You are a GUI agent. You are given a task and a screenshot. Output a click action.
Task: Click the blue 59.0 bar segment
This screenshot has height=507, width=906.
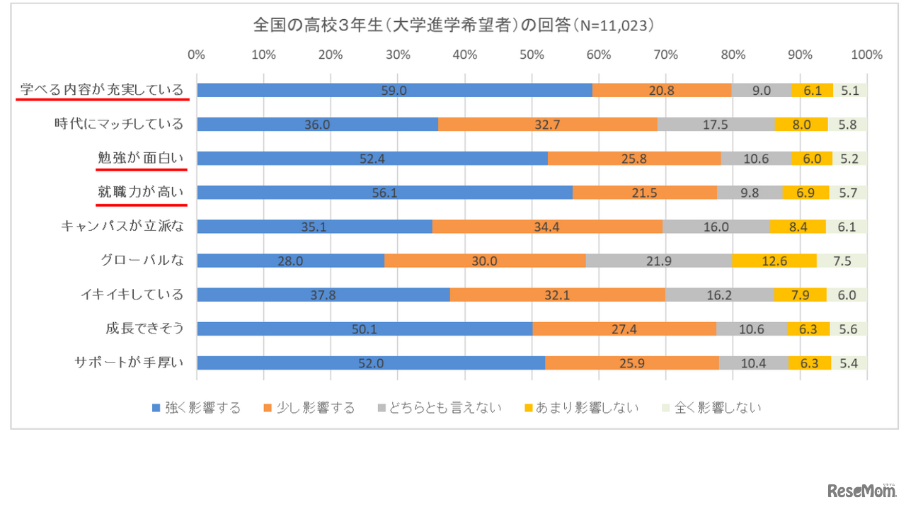pos(394,90)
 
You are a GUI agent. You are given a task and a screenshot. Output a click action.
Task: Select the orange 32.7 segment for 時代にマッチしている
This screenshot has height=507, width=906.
pos(547,124)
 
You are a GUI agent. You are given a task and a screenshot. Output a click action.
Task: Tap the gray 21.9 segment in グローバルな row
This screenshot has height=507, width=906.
pos(659,261)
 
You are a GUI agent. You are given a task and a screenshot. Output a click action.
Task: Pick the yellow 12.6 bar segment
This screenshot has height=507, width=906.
pos(774,261)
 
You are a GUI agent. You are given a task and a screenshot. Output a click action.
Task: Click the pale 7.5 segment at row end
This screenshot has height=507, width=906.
pos(842,261)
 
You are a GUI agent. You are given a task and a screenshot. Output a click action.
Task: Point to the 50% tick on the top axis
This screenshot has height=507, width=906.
pos(532,55)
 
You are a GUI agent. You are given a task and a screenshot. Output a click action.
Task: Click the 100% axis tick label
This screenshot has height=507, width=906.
pos(866,55)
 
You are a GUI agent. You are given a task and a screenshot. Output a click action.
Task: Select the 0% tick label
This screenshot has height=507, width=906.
pos(197,55)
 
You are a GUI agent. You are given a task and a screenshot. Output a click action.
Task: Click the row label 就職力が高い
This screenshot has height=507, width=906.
pos(141,192)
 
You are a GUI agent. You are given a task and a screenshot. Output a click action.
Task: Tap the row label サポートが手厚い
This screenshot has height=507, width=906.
pos(129,363)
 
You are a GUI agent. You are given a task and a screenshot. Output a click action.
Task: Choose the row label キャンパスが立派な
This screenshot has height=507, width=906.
pos(122,226)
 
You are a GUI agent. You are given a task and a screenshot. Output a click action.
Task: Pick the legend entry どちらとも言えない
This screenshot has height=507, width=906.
pos(440,407)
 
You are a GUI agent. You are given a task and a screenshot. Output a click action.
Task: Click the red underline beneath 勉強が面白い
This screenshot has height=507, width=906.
pos(142,170)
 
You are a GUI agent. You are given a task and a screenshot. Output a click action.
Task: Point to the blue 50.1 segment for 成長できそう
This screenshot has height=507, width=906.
pos(365,329)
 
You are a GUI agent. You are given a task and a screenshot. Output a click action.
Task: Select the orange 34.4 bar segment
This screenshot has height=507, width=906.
pos(547,226)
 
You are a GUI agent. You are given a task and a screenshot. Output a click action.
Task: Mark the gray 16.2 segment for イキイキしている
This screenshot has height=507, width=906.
pos(719,295)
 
